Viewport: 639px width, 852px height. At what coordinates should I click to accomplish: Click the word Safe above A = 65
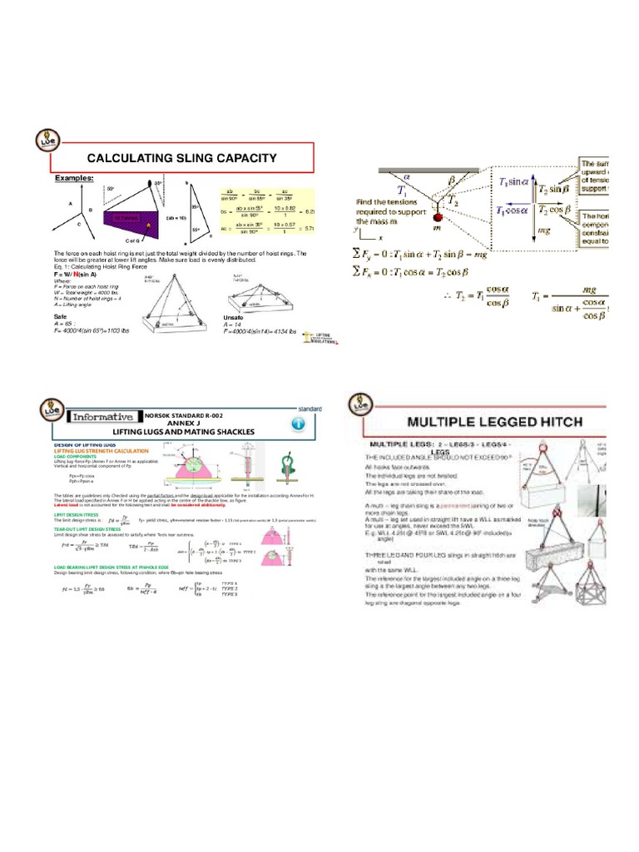(61, 317)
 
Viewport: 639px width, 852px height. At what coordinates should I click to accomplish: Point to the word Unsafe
(235, 317)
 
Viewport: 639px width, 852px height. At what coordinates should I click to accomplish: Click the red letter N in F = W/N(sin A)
(77, 273)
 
